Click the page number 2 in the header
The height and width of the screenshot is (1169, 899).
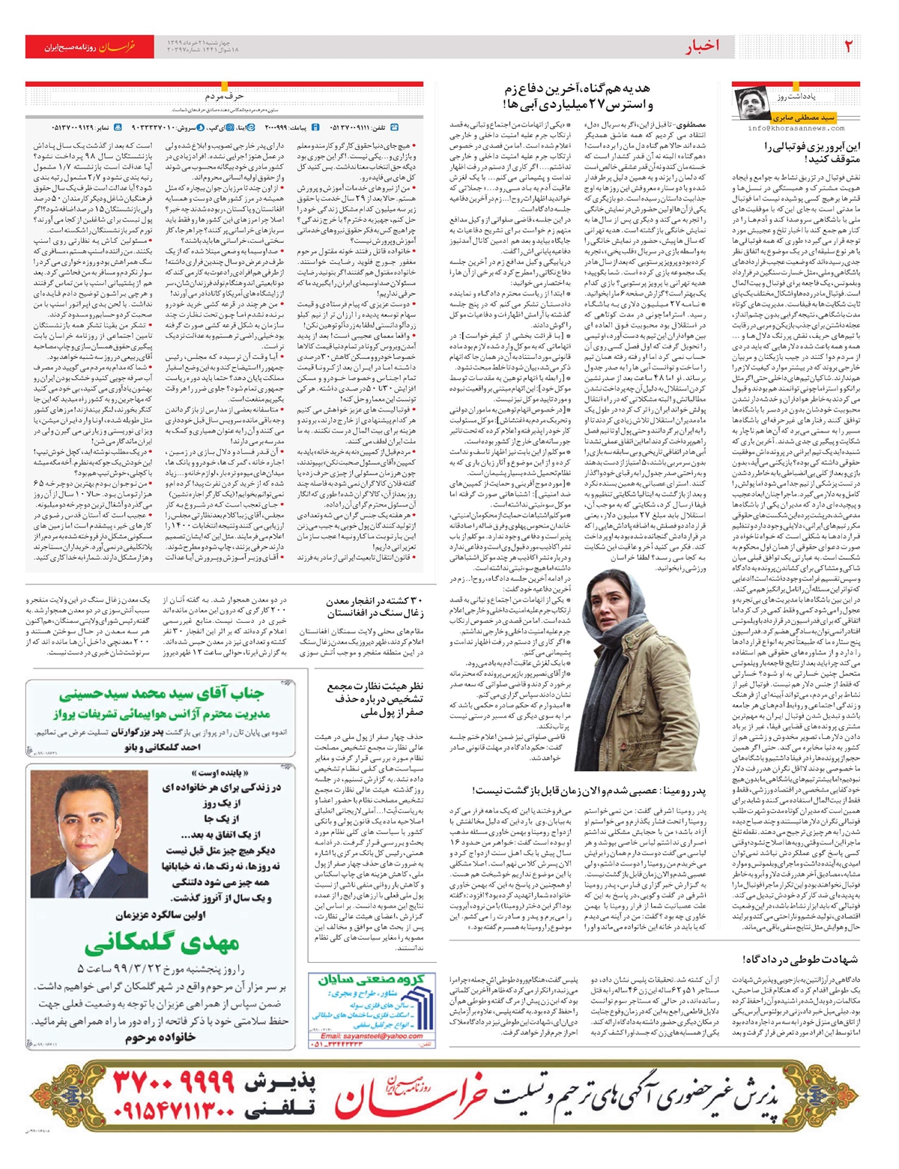tap(849, 46)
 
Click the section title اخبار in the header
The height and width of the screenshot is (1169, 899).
tap(702, 46)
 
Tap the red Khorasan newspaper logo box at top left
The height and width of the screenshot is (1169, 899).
tap(89, 46)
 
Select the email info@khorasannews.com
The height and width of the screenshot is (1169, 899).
tap(796, 129)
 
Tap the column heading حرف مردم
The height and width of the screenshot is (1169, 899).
tap(224, 97)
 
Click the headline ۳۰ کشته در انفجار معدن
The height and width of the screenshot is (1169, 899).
tap(375, 607)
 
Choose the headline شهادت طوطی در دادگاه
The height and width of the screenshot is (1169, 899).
tap(800, 959)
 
